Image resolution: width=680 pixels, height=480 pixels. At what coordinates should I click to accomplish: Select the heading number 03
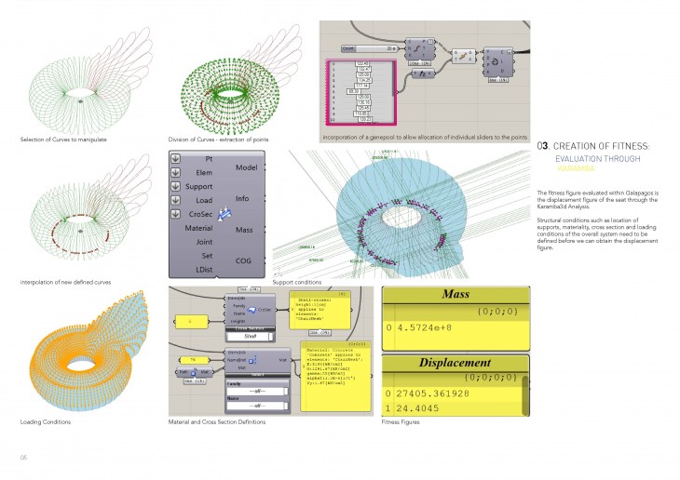coord(544,146)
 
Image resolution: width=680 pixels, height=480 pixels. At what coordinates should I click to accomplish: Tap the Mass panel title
coord(443,296)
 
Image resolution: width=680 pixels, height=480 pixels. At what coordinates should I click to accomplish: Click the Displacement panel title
coord(443,363)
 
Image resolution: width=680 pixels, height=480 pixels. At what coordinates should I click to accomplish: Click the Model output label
coord(247,167)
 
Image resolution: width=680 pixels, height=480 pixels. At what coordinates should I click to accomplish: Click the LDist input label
coord(203,269)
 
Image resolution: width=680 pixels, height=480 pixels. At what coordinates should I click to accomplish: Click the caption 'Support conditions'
coord(296,282)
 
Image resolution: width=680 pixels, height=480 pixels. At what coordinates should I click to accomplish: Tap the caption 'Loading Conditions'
coord(44,422)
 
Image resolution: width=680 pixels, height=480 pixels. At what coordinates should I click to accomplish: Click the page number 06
coord(25,458)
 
